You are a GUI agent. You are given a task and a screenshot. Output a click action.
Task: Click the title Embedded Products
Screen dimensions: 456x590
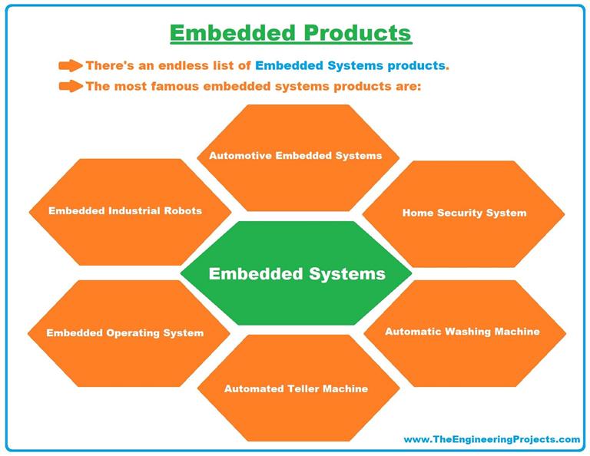(x=290, y=34)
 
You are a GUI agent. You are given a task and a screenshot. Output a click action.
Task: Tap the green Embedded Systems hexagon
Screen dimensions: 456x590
(x=297, y=273)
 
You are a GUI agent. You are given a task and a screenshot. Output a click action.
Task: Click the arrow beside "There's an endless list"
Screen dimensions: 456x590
(x=70, y=66)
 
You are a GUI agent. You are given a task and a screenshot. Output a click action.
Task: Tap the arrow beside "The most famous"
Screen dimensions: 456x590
(x=70, y=86)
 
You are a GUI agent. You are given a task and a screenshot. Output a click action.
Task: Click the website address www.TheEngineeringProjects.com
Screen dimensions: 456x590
(x=492, y=440)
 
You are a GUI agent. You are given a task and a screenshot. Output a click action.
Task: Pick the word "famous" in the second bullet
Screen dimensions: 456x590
(x=180, y=86)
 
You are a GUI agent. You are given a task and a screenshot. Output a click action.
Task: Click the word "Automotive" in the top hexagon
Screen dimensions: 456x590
(x=237, y=155)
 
